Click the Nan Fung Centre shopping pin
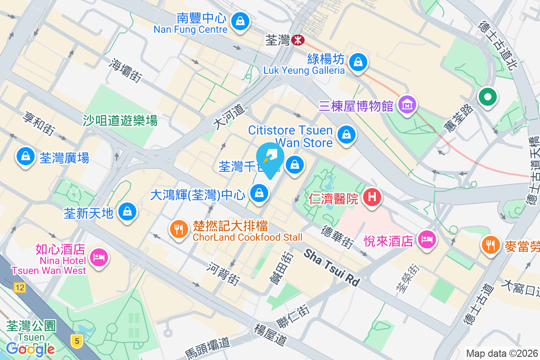pos(240,21)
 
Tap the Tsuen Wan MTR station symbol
pos(297,40)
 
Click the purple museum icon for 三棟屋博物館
pos(407,105)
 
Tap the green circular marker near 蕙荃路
pos(487,97)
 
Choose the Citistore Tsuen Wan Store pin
pos(346,135)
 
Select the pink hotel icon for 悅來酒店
pos(426,238)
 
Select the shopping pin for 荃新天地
pos(128,211)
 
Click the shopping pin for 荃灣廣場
pos(25,157)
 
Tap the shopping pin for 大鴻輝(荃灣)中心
pos(259,194)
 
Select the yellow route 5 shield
pos(77,341)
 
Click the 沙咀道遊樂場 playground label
pos(120,120)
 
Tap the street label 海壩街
pos(125,70)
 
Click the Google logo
pos(30,349)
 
